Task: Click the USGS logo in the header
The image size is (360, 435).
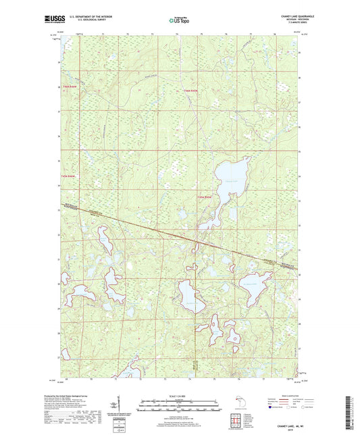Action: tap(56, 20)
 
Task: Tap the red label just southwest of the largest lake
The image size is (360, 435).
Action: tap(203, 197)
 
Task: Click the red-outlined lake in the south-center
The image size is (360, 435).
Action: tap(190, 295)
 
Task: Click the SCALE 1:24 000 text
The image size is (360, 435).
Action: tap(180, 396)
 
